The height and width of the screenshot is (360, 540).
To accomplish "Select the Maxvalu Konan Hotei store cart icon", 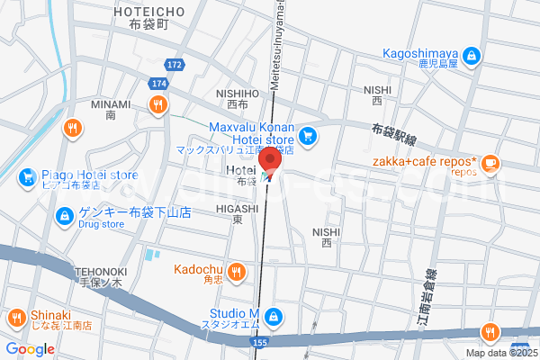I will pyautogui.click(x=308, y=137).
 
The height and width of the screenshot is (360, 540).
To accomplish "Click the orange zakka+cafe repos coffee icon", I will pyautogui.click(x=490, y=163).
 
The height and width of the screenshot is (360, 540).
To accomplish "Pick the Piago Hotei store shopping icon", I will pyautogui.click(x=28, y=175).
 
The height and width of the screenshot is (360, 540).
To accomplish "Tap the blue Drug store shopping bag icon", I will pyautogui.click(x=64, y=215).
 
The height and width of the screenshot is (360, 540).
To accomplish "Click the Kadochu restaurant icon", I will pyautogui.click(x=236, y=270).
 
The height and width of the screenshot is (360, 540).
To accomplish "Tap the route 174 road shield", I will pyautogui.click(x=159, y=83).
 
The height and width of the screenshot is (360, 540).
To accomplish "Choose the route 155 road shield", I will pyautogui.click(x=259, y=343).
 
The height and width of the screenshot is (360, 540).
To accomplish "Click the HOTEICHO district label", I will pyautogui.click(x=150, y=11).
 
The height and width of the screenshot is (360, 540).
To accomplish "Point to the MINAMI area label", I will pyautogui.click(x=111, y=103).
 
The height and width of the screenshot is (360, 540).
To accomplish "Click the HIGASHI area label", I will pyautogui.click(x=238, y=208).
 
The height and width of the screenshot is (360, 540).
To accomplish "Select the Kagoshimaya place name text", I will pyautogui.click(x=421, y=53).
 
